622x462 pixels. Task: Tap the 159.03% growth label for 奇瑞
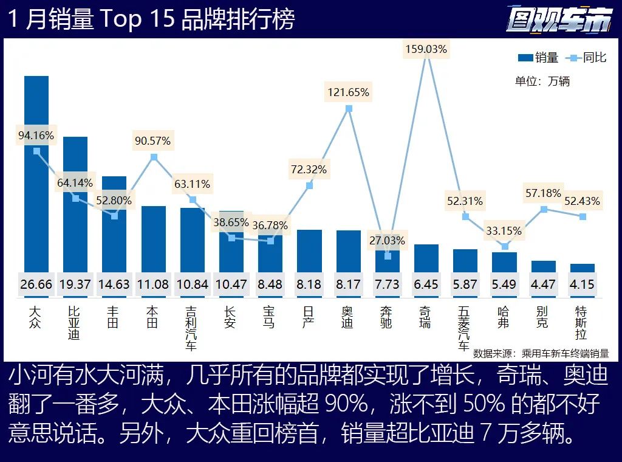click(426, 49)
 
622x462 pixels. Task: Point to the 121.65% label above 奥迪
click(349, 92)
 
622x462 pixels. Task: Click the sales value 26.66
click(36, 284)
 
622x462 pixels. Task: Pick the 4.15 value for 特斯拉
click(582, 284)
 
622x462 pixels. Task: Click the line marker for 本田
click(154, 157)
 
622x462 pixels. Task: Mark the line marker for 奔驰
click(388, 256)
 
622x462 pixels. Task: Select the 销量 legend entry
click(538, 58)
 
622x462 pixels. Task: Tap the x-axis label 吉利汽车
click(191, 328)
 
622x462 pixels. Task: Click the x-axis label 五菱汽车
click(465, 328)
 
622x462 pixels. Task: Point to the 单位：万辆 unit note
click(542, 81)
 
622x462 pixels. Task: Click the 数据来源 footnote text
click(541, 353)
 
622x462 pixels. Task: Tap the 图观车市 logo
click(559, 20)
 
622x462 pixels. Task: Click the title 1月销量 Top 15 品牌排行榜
click(151, 19)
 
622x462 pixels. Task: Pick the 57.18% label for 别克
click(543, 193)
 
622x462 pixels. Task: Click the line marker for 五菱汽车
click(465, 216)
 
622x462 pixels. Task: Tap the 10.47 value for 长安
click(231, 284)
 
